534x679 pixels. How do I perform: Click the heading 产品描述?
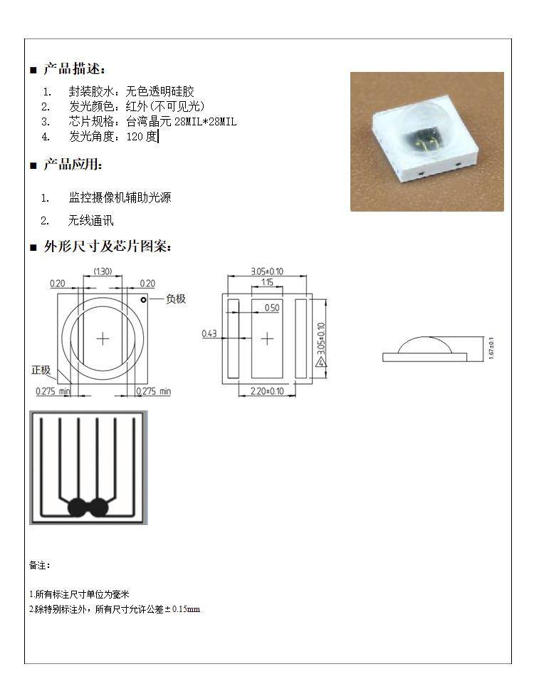tap(73, 68)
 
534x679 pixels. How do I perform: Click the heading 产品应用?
tap(72, 164)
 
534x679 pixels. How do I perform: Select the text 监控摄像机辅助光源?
tap(120, 197)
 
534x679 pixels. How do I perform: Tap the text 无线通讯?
tap(91, 220)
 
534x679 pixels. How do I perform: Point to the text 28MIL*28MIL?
tap(205, 122)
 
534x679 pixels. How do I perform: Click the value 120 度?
tap(142, 137)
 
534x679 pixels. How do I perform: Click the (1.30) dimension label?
tap(103, 271)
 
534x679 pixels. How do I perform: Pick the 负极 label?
tap(176, 299)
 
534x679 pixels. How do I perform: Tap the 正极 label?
tap(41, 370)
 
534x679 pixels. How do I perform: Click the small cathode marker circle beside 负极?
tap(143, 299)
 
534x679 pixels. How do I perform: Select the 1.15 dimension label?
tap(267, 282)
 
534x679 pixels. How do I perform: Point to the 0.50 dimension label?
tap(272, 308)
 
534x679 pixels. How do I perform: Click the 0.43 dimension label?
tap(209, 333)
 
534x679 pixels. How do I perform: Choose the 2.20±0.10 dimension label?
tap(267, 391)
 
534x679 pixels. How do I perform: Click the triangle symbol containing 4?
tap(320, 362)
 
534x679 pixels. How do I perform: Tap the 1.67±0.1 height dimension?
tap(491, 348)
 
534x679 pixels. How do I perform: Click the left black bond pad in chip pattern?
tap(78, 507)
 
